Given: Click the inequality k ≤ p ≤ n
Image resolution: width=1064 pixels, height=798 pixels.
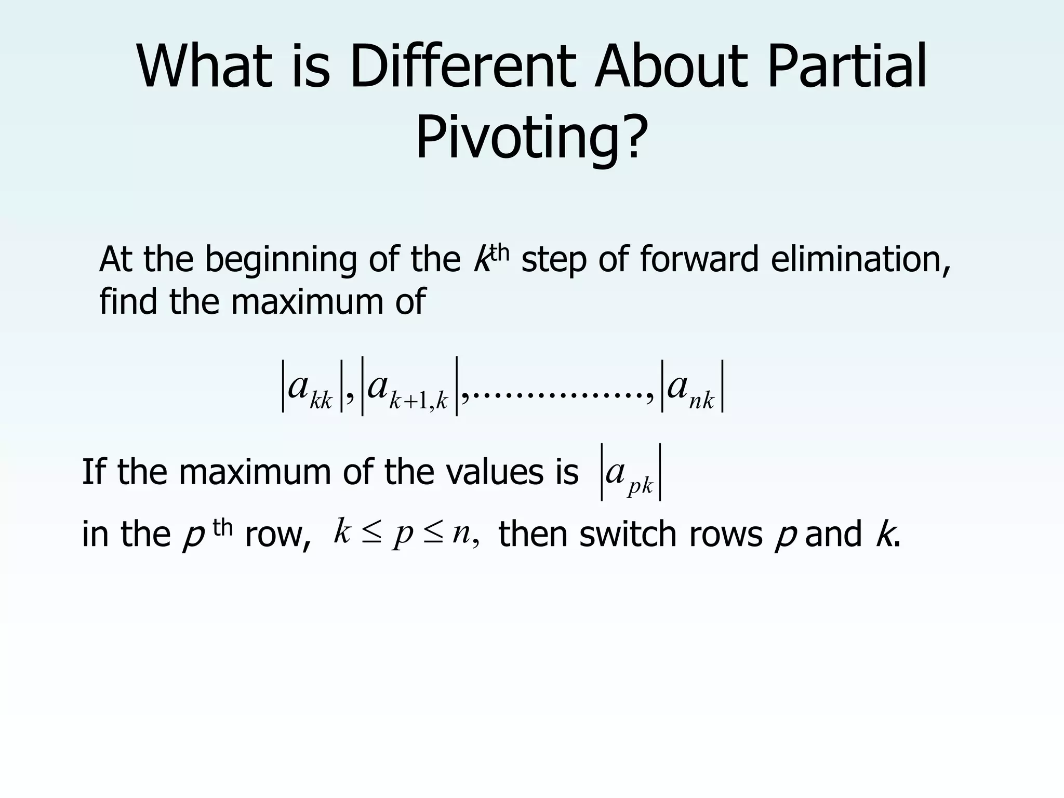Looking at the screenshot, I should (x=406, y=533).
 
